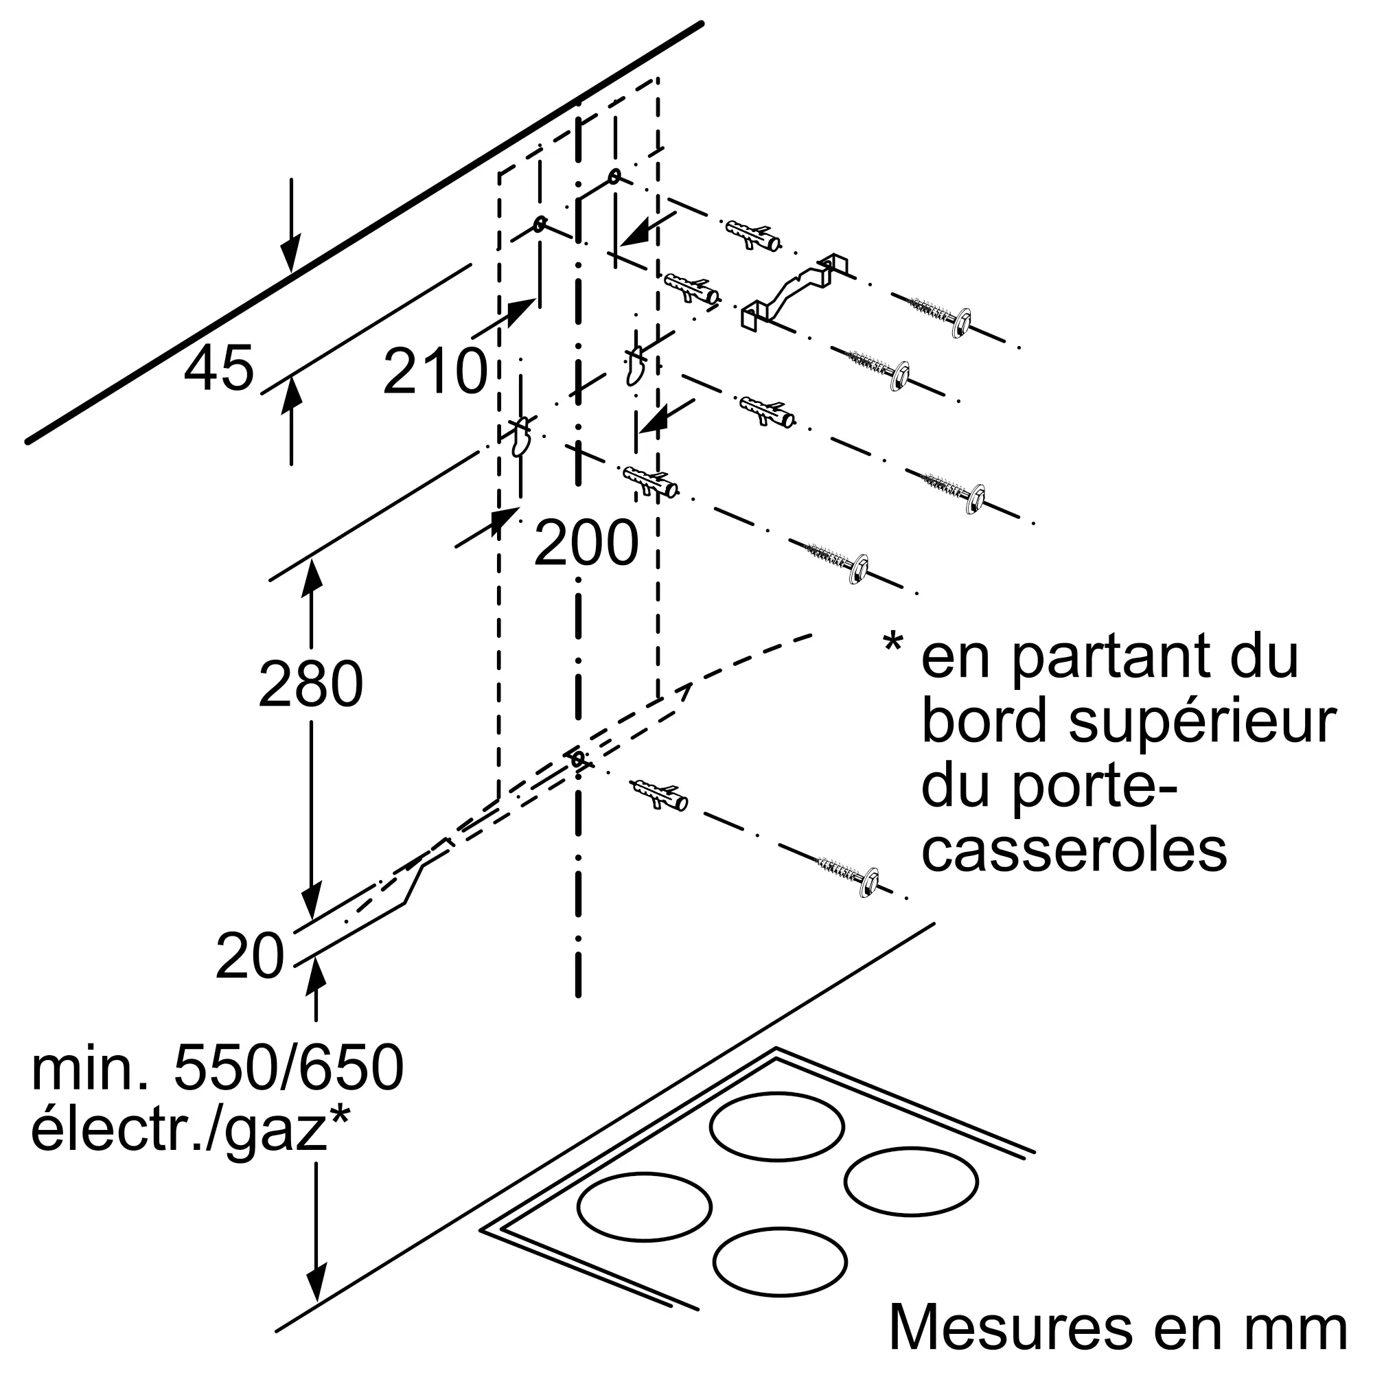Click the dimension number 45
pyautogui.click(x=219, y=368)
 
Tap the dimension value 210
pyautogui.click(x=435, y=371)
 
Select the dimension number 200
pyautogui.click(x=586, y=543)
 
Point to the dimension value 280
pyautogui.click(x=310, y=684)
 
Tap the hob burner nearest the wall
pyautogui.click(x=776, y=1127)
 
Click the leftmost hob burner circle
pyautogui.click(x=645, y=1206)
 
